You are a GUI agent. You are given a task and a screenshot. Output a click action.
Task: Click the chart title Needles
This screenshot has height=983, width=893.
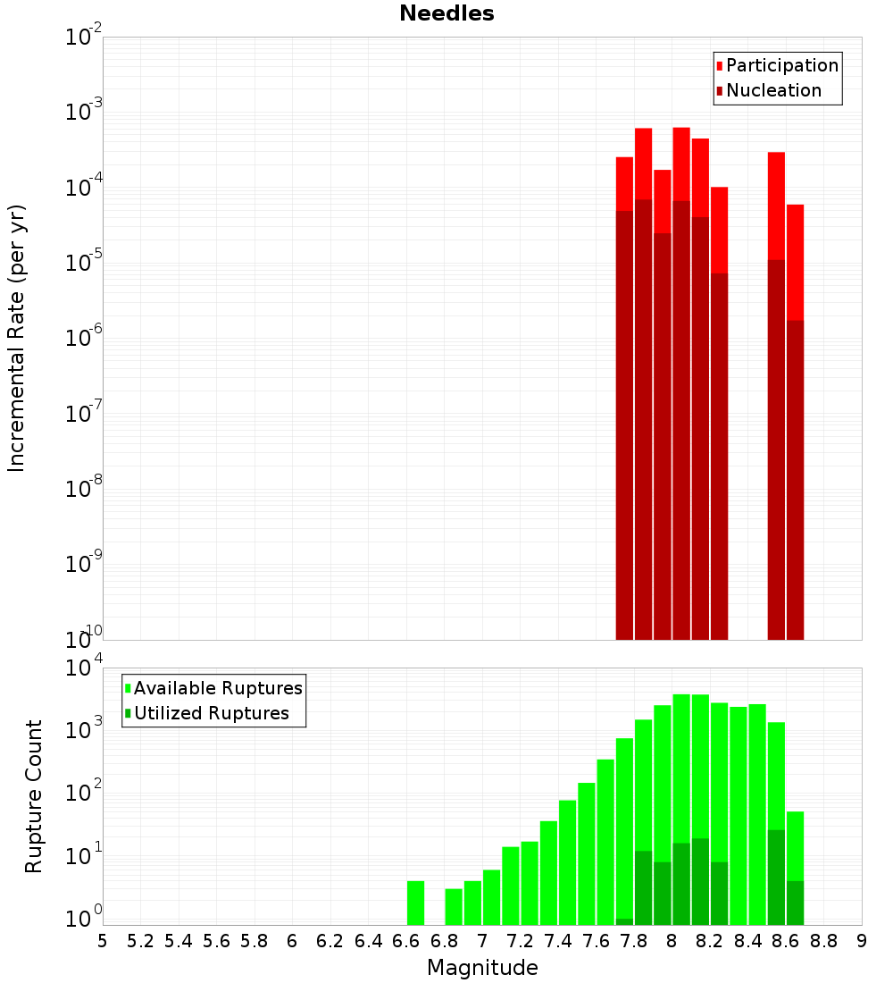click(x=446, y=13)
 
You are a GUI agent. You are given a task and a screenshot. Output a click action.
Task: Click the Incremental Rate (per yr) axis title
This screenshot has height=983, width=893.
click(x=17, y=339)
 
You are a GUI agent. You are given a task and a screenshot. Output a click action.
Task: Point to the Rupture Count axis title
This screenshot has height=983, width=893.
click(x=34, y=796)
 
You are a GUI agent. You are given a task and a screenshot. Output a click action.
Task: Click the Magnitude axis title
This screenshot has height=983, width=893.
click(x=482, y=968)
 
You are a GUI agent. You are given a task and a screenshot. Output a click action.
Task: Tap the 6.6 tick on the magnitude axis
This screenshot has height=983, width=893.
click(x=406, y=941)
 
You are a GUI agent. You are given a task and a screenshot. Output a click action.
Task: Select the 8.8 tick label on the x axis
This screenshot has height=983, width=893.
click(x=823, y=941)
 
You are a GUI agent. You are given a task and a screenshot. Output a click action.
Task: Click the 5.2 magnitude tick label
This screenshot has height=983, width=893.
click(x=140, y=941)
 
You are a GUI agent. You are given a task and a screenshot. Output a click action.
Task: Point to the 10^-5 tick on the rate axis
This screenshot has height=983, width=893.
click(x=84, y=263)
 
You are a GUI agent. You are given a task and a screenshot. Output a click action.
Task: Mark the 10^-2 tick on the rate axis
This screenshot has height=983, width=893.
click(x=84, y=38)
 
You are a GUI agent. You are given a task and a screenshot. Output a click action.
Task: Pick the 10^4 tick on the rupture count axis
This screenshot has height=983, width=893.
click(x=84, y=668)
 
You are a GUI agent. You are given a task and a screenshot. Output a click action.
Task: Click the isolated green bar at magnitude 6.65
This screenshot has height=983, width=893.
click(x=415, y=903)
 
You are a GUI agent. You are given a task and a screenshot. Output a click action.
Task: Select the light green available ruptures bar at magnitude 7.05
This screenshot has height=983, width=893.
click(x=491, y=897)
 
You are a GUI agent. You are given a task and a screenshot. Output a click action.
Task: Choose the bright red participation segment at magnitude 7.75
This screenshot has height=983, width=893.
click(x=624, y=183)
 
